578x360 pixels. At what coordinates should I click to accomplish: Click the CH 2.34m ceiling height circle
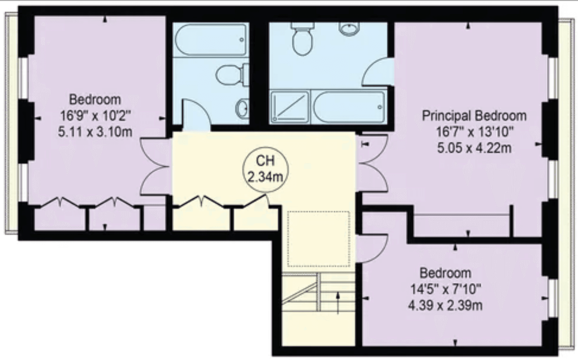tap(265, 169)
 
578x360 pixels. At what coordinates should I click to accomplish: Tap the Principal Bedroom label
tap(474, 116)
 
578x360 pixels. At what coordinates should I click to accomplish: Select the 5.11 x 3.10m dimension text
tap(95, 132)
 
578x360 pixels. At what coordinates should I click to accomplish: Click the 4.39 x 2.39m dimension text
tap(445, 305)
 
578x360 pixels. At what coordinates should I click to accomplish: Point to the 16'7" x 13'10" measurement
tap(474, 132)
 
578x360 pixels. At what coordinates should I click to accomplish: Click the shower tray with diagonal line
tap(290, 107)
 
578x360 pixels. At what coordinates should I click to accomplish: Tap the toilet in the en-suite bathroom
tap(302, 39)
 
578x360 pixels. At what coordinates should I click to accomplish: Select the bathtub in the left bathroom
tap(211, 39)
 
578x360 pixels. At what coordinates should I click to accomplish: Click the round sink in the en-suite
tap(350, 29)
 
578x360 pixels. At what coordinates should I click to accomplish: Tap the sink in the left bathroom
tap(243, 107)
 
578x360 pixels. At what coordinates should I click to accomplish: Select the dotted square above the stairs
tap(318, 239)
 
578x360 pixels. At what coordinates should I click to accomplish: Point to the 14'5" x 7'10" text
tap(445, 289)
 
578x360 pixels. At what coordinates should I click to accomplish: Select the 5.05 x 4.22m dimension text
tap(474, 148)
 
